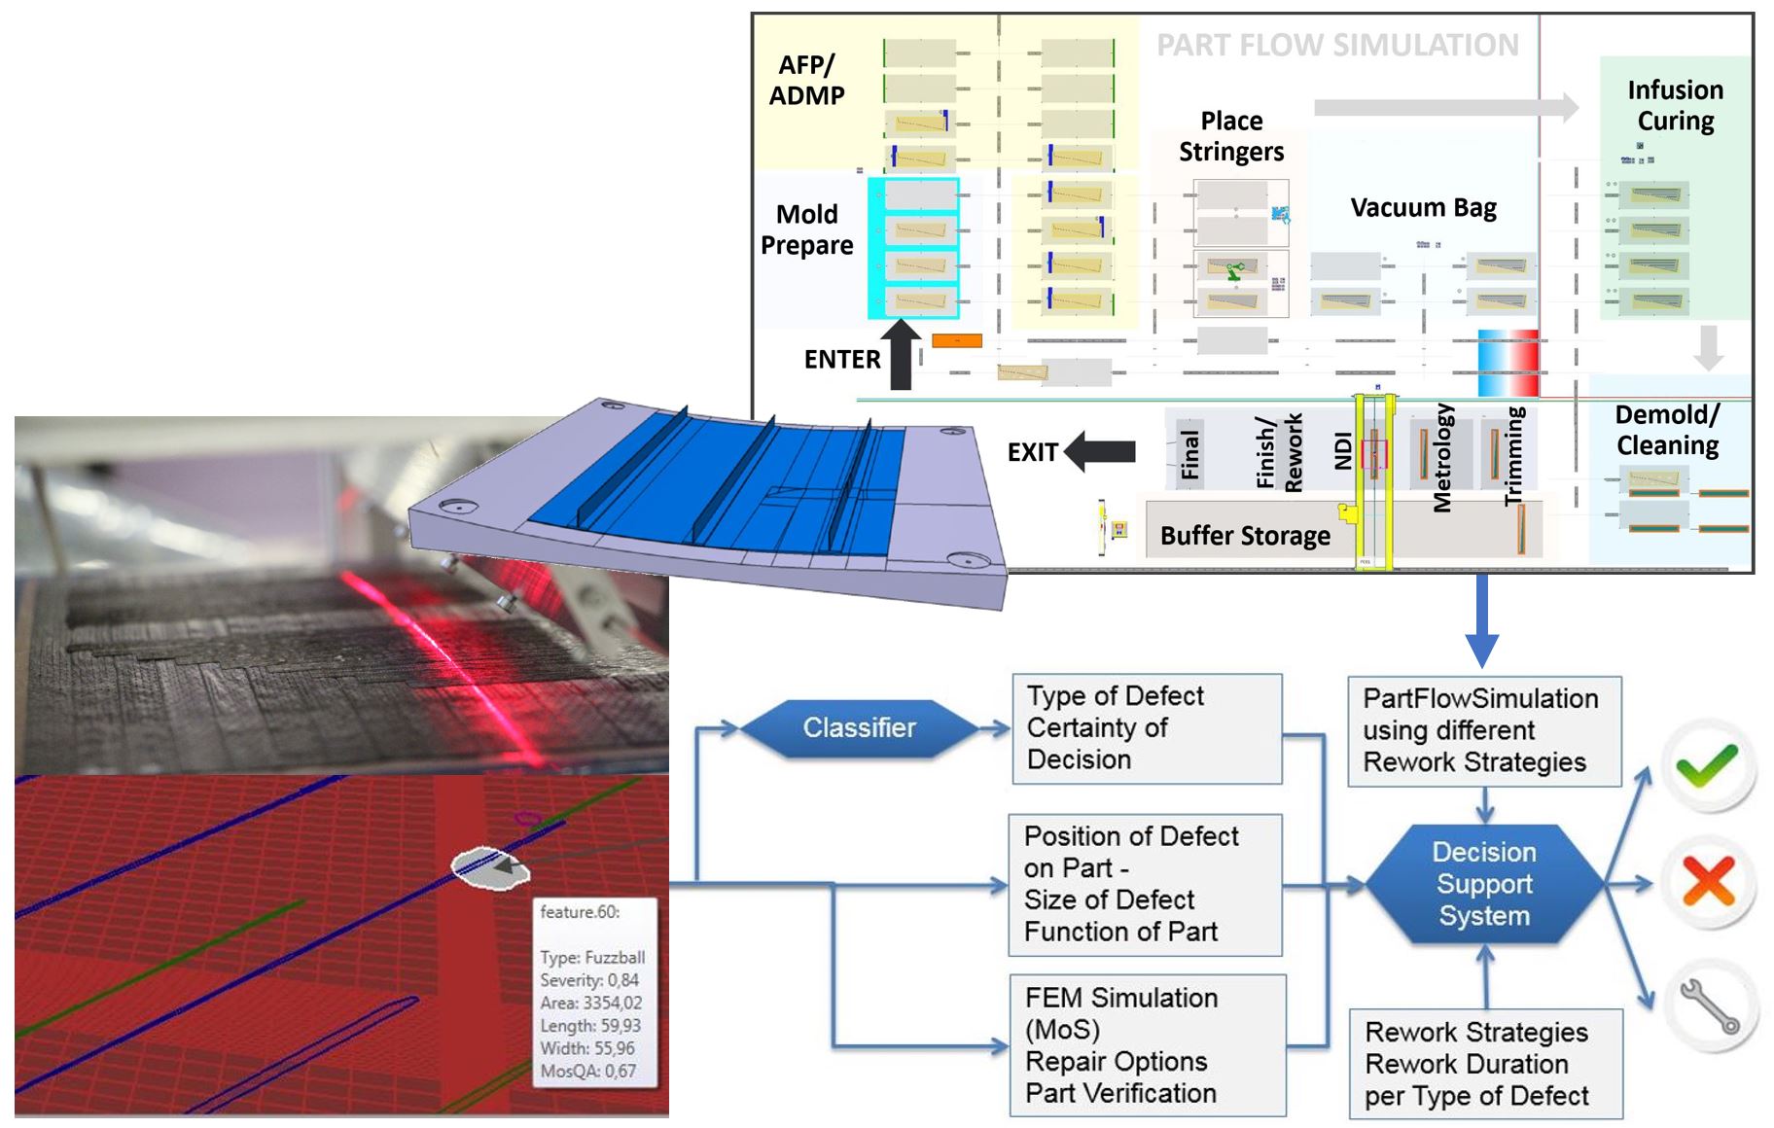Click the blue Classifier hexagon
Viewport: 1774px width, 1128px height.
click(x=859, y=727)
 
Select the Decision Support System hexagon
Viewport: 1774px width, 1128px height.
click(x=1483, y=884)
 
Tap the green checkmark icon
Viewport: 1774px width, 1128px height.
click(x=1707, y=765)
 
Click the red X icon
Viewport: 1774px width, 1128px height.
click(x=1708, y=882)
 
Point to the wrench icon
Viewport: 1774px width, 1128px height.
click(x=1710, y=1005)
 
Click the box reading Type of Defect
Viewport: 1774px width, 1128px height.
click(x=1146, y=727)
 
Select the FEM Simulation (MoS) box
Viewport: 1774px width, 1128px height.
click(x=1147, y=1044)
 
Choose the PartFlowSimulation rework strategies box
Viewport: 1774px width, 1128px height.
click(x=1483, y=730)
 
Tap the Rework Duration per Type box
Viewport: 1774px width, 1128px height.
click(x=1484, y=1063)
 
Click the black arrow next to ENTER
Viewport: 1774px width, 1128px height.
click(x=901, y=355)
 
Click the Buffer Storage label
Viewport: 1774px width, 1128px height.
click(x=1245, y=536)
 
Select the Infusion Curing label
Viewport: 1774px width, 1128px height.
click(x=1675, y=105)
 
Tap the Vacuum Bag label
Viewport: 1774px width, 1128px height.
click(x=1423, y=207)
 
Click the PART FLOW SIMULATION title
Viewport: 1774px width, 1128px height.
click(x=1336, y=45)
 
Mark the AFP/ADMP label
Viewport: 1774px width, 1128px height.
click(x=806, y=80)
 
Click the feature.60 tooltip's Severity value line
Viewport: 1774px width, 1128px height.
click(x=589, y=980)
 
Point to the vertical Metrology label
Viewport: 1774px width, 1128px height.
click(x=1442, y=457)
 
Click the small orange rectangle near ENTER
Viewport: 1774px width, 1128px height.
click(x=957, y=340)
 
